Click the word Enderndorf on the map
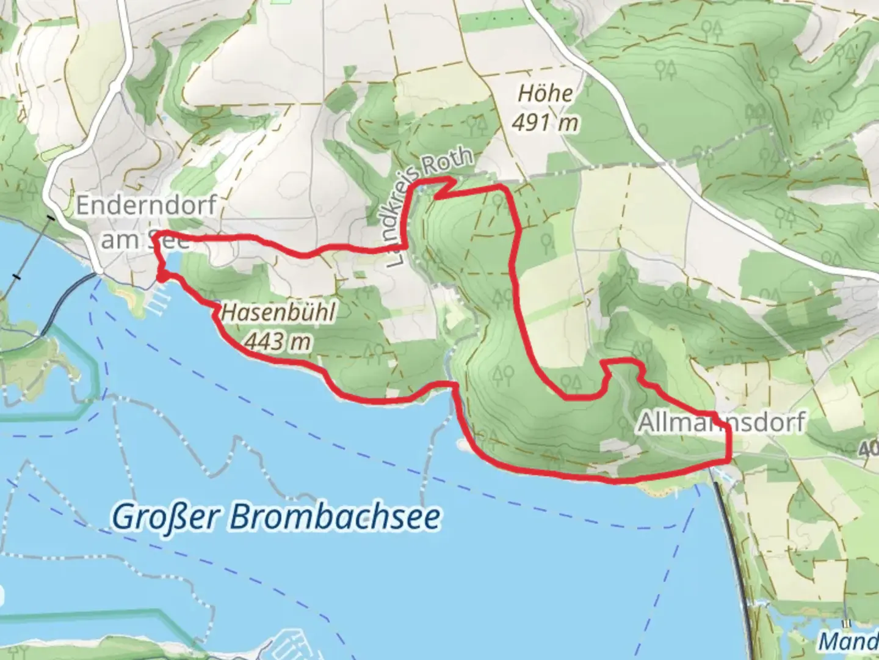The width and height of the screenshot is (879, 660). pyautogui.click(x=146, y=205)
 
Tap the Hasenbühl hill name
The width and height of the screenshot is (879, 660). pyautogui.click(x=278, y=312)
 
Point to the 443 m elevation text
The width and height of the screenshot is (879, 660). pyautogui.click(x=278, y=342)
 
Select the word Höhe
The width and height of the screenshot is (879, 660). pyautogui.click(x=545, y=94)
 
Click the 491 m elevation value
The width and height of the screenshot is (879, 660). pyautogui.click(x=544, y=123)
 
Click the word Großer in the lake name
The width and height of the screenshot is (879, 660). pyautogui.click(x=166, y=518)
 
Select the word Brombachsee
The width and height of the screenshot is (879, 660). pyautogui.click(x=335, y=518)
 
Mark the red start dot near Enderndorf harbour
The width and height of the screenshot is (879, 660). pyautogui.click(x=162, y=277)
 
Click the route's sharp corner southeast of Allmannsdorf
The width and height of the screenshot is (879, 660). pyautogui.click(x=728, y=459)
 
